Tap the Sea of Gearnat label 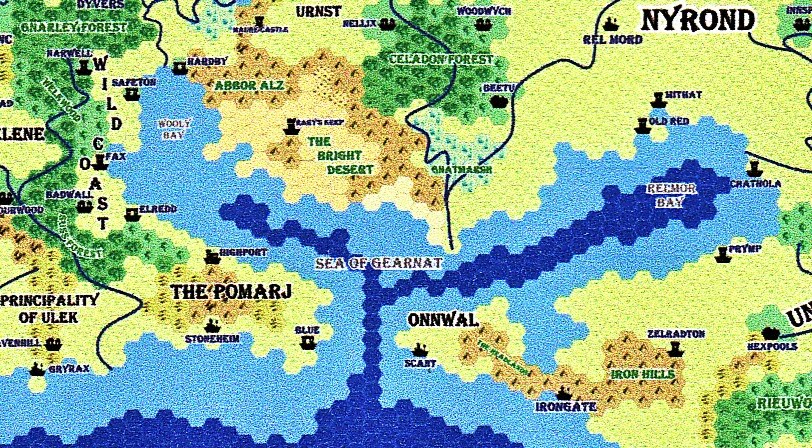(x=378, y=262)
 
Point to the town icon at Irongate (x=562, y=392)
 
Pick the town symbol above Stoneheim (x=211, y=325)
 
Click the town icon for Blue (x=308, y=342)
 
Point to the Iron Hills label (x=641, y=375)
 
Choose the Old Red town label (x=669, y=121)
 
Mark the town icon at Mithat (x=657, y=100)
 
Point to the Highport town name (x=243, y=253)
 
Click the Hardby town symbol (x=179, y=67)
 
